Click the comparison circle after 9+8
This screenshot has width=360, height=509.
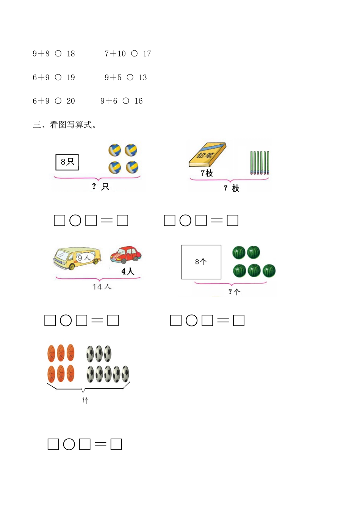(58, 54)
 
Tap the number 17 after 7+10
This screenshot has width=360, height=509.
(147, 54)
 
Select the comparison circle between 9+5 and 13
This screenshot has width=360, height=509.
(130, 77)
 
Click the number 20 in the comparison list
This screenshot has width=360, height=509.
(71, 101)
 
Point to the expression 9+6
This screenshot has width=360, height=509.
(109, 101)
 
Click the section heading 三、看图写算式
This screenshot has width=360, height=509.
(64, 125)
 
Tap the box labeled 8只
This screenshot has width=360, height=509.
(67, 162)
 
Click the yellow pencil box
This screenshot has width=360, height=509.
(207, 155)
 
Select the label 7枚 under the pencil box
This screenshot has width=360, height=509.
(207, 173)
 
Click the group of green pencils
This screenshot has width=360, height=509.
(260, 163)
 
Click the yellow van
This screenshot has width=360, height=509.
(77, 258)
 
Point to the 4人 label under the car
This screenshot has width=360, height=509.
(128, 272)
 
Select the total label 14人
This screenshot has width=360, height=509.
(102, 287)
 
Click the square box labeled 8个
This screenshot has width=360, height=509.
(201, 262)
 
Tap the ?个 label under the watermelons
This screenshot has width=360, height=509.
(234, 292)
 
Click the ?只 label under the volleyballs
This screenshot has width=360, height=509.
(100, 186)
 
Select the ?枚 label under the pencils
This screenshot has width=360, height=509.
(232, 188)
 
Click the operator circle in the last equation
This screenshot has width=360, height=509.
(69, 444)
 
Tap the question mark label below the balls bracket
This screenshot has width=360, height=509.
(85, 400)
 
